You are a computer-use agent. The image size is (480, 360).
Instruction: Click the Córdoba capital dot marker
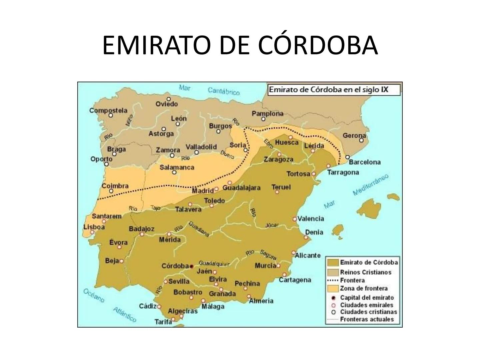(191, 266)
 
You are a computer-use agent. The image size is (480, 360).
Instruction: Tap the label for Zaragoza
(279, 160)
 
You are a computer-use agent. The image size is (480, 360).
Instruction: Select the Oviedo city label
(167, 104)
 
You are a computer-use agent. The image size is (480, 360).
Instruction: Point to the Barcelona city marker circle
(347, 157)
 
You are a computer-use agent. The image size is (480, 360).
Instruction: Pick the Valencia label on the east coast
(310, 219)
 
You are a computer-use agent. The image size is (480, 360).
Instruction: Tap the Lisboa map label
(94, 227)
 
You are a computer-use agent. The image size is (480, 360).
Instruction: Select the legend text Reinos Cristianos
(366, 272)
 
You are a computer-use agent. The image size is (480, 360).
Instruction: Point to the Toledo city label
(214, 201)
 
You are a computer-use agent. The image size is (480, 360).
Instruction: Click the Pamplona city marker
(263, 119)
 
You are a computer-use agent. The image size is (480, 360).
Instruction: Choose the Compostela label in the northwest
(108, 110)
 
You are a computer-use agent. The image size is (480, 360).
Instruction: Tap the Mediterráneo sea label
(371, 184)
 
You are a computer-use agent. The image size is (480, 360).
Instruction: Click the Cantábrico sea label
(224, 91)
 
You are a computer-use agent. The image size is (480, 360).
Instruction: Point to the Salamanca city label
(177, 167)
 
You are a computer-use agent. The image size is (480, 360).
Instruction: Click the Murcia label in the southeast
(265, 266)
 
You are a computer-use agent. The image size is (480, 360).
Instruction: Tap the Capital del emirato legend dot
(333, 298)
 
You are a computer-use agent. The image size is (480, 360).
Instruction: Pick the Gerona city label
(354, 136)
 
